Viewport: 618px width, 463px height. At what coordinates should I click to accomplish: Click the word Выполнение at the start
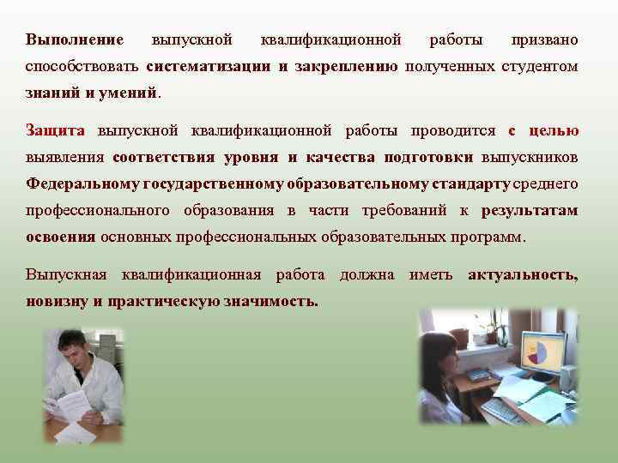coord(75,40)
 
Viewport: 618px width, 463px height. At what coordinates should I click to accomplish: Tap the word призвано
coord(544,40)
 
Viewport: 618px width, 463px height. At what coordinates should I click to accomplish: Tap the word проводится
coord(453,131)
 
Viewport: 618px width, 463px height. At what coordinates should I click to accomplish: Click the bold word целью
coord(554,131)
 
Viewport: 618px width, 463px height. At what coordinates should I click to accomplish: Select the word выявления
coord(65,158)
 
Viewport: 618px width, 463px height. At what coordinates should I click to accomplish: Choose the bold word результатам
coord(530,211)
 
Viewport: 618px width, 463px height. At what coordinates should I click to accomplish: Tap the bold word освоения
coord(60,238)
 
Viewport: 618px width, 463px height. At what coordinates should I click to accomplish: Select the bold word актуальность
coord(523,275)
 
